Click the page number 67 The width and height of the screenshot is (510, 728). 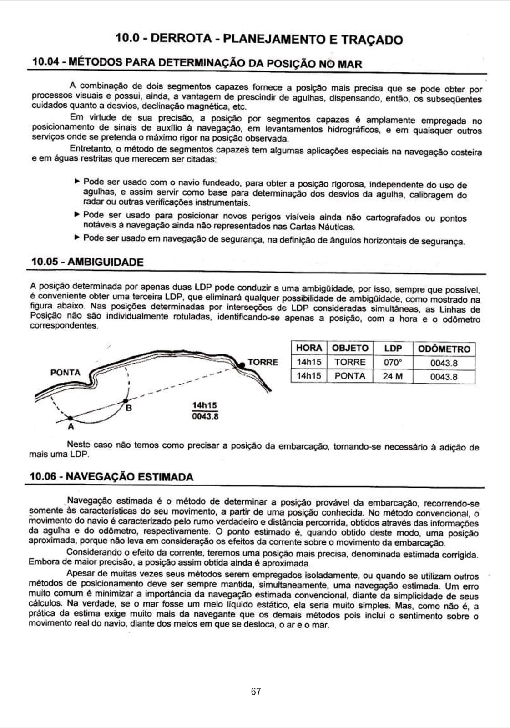(x=256, y=692)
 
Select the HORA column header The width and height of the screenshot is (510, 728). (x=309, y=348)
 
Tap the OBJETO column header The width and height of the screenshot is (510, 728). (x=350, y=348)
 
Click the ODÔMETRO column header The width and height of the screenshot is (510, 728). (x=444, y=349)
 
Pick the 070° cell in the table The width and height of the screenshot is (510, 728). (x=393, y=363)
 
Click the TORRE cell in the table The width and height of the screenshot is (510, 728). (x=350, y=362)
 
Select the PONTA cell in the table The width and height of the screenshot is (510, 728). (x=350, y=376)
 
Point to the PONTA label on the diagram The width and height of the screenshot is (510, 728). (x=65, y=373)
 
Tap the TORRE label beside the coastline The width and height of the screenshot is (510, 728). (x=263, y=362)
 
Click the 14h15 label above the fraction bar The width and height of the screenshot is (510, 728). (x=205, y=405)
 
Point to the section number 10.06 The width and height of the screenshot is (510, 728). (x=43, y=477)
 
